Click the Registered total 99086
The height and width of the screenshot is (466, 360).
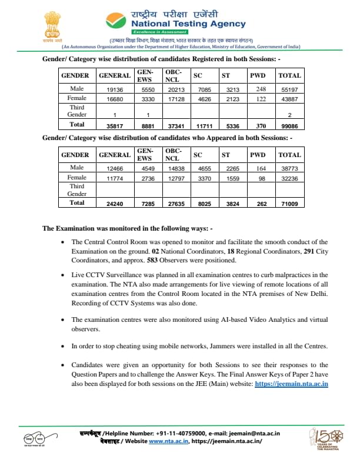click(289, 125)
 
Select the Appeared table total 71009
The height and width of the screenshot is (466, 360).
click(289, 204)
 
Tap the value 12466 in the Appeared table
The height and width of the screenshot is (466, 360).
click(115, 168)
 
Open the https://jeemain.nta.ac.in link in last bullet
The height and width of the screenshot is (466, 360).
click(291, 384)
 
